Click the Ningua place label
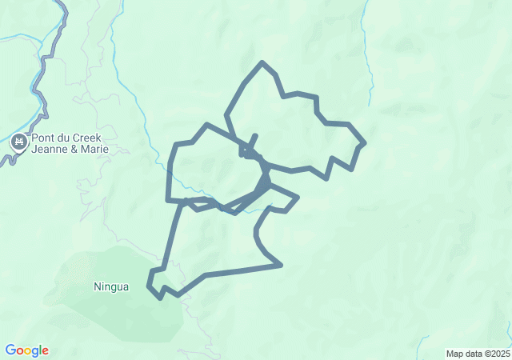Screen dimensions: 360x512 110,286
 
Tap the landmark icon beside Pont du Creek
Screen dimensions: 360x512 19,143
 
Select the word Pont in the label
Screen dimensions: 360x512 45,138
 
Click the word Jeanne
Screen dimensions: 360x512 50,150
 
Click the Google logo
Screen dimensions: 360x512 26,350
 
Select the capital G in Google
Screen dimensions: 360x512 10,350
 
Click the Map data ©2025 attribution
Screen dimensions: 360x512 477,354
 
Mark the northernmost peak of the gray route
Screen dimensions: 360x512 262,62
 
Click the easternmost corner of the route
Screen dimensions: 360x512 365,143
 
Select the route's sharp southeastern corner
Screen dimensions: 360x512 281,265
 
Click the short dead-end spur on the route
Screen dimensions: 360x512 255,136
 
